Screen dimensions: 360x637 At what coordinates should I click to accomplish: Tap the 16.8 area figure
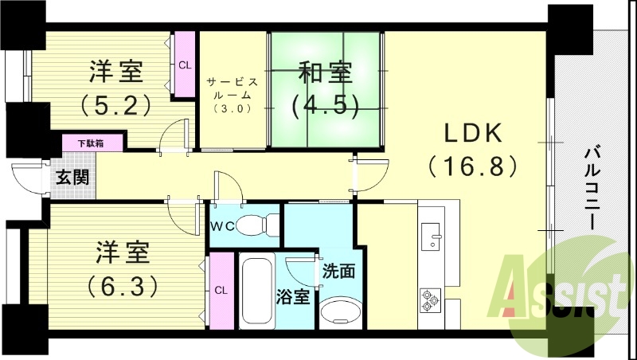click(473, 166)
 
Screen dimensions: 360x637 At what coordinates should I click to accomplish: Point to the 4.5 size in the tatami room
click(324, 104)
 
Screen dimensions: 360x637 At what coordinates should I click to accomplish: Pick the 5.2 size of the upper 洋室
click(115, 104)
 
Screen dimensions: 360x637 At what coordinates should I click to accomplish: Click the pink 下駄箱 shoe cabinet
click(93, 143)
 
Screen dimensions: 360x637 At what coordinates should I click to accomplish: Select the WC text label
click(223, 225)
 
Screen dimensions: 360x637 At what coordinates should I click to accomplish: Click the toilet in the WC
click(259, 225)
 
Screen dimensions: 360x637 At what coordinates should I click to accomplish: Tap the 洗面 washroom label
click(339, 270)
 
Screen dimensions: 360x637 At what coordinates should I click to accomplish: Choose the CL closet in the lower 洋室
click(220, 290)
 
